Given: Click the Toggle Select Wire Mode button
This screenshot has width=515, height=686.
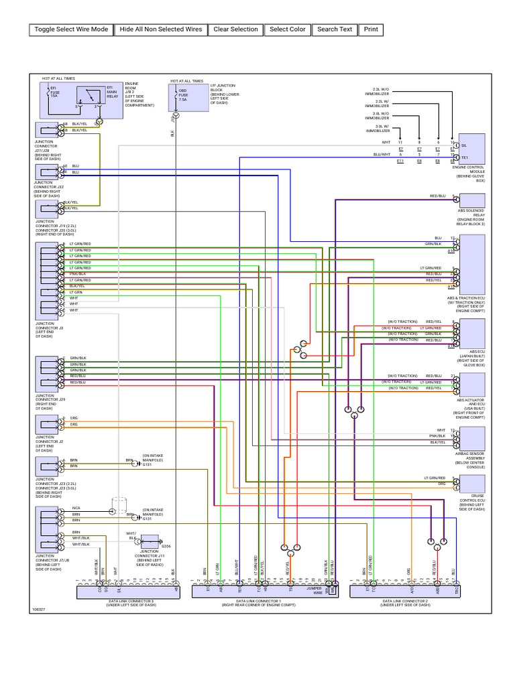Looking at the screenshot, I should pos(71,29).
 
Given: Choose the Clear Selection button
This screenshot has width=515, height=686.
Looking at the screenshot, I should pos(235,29).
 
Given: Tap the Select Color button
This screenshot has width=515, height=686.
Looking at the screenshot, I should pos(288,29).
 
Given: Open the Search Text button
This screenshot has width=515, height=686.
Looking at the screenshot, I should pos(335,29).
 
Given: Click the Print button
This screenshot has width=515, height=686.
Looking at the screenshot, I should pos(371,29).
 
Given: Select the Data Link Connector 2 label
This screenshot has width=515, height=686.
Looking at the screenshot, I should pos(406,604).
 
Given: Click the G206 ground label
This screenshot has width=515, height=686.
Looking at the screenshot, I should pos(166,545).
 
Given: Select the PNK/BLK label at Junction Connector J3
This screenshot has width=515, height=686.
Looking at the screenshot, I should pos(78,274).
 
